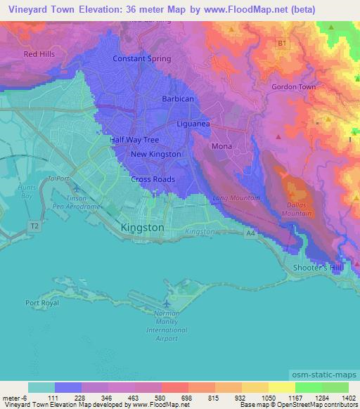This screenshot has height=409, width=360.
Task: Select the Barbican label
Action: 177,99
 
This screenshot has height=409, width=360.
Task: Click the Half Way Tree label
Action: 136,140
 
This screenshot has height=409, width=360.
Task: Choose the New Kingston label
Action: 155,154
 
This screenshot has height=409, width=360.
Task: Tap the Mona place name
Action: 221,146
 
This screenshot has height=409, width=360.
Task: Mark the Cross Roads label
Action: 153,179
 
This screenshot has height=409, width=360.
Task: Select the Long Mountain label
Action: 236,198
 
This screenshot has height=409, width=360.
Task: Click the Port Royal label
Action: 41,304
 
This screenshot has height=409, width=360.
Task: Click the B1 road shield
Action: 281,44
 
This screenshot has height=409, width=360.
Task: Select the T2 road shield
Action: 34,225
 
